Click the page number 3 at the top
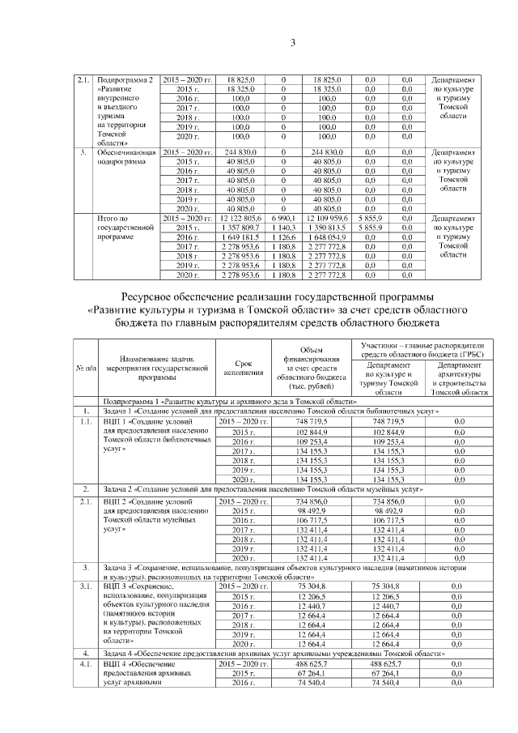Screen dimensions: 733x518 [258, 43]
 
